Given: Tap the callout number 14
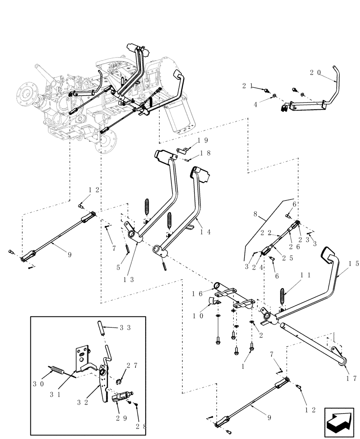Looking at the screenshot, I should tap(205, 232).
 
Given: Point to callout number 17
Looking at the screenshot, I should tap(350, 378).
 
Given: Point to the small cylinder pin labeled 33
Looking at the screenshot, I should tap(101, 329).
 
